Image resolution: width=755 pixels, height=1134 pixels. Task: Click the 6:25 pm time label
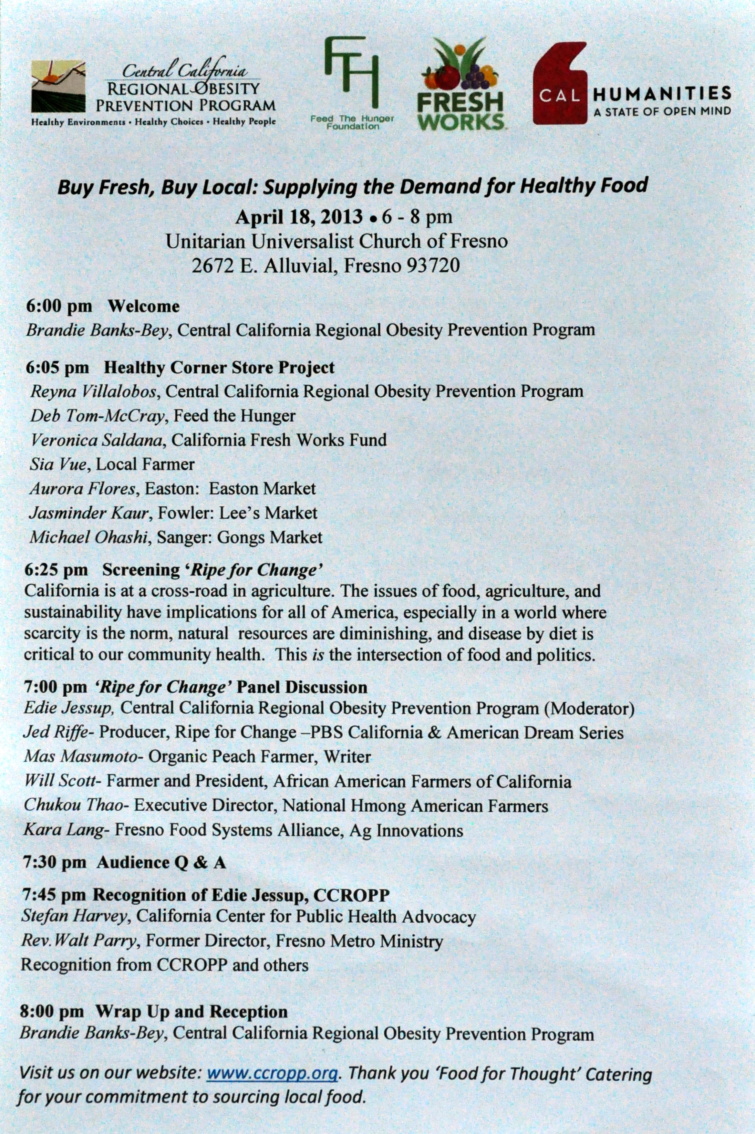56,570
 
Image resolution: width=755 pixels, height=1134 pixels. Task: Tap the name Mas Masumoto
81,756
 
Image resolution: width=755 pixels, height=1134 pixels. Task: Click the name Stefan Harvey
75,916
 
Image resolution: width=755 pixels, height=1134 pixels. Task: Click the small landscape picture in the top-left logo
58,87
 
